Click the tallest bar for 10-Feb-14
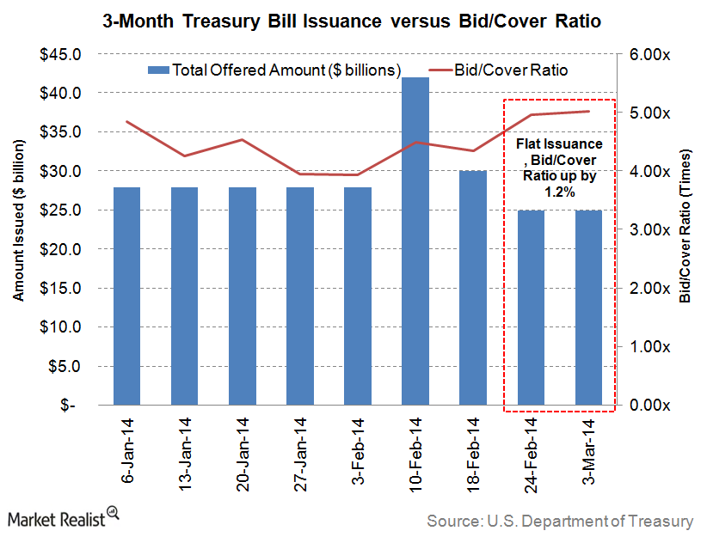(x=416, y=241)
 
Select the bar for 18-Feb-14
(x=474, y=288)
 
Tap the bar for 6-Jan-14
(x=127, y=296)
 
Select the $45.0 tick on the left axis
(x=58, y=54)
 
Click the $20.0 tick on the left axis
(x=58, y=249)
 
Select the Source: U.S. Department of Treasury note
(x=559, y=521)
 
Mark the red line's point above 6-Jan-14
(x=127, y=121)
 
